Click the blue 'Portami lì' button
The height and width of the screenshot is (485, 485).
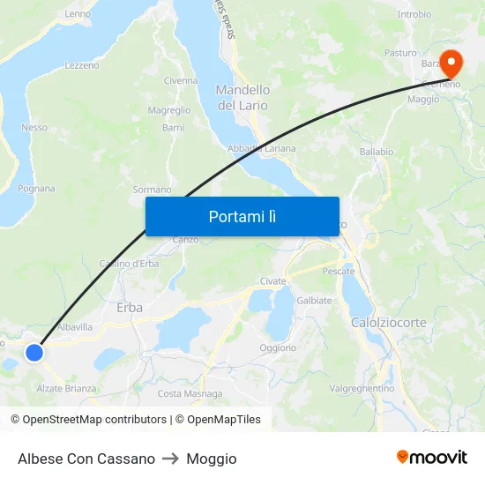point(242,216)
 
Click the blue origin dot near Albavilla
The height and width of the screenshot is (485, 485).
point(34,353)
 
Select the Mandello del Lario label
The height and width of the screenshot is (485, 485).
point(243,97)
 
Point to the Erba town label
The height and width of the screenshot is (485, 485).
point(130,308)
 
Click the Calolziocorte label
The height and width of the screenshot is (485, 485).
point(388,323)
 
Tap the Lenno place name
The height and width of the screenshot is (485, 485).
point(78,14)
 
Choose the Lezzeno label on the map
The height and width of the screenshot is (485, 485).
point(82,65)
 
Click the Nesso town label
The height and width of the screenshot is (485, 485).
point(34,128)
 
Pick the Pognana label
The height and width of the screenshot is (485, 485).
point(36,189)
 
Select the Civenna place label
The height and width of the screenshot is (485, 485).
point(181,81)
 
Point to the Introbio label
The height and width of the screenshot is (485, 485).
point(414,14)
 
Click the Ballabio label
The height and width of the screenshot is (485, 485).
point(377,152)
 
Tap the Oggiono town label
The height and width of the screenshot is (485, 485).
point(278,348)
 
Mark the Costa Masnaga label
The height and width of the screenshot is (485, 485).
point(190,393)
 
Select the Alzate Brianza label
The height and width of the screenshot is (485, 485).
point(66,388)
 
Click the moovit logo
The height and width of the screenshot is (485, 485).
point(431,458)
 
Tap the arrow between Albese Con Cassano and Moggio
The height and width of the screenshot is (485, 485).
point(171,459)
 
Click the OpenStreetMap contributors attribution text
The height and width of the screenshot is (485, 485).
point(88,420)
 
